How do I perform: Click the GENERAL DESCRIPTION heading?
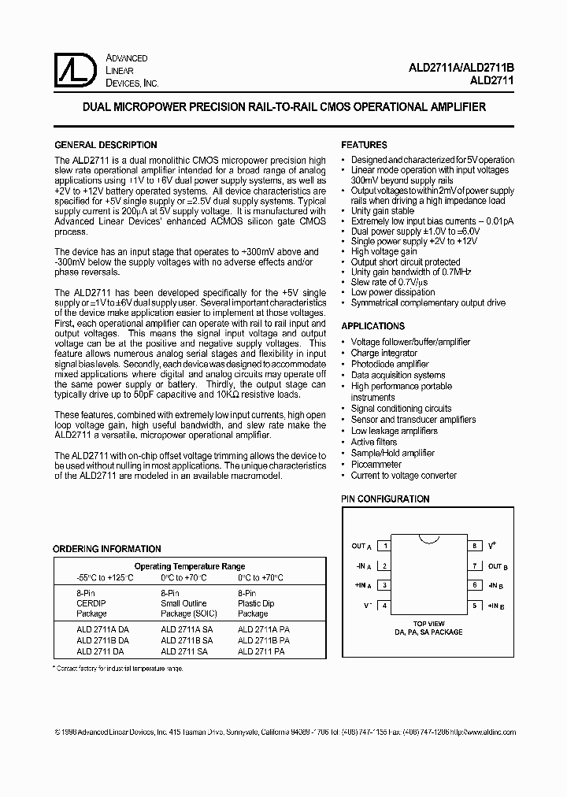click(105, 145)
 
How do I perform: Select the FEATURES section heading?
click(364, 145)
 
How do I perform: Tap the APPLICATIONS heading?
click(372, 326)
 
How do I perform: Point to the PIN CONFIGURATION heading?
click(385, 499)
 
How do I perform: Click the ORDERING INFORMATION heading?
click(106, 549)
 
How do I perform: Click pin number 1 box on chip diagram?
click(384, 546)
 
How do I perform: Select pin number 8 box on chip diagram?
click(475, 546)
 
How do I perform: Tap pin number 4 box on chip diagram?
click(384, 606)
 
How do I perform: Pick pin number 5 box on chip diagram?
click(475, 606)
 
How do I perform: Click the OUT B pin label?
click(498, 566)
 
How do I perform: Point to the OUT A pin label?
click(361, 546)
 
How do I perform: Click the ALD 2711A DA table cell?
click(102, 630)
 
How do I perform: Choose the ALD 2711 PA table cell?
click(263, 651)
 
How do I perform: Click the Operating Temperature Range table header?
click(190, 566)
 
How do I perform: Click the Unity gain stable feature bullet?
click(382, 211)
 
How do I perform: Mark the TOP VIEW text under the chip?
click(429, 623)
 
